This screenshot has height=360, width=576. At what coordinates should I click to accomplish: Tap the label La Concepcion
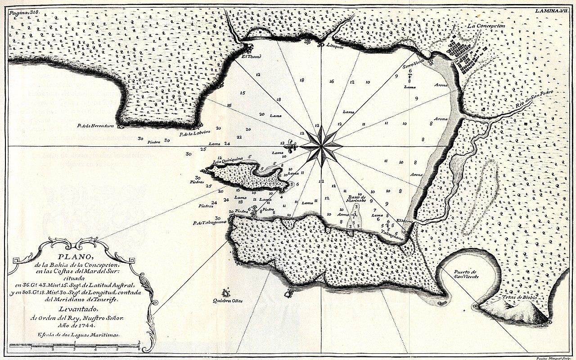coord(486,27)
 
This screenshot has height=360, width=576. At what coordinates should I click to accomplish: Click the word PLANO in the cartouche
coord(75,257)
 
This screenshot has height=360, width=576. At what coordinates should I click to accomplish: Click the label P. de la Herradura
coord(95,126)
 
